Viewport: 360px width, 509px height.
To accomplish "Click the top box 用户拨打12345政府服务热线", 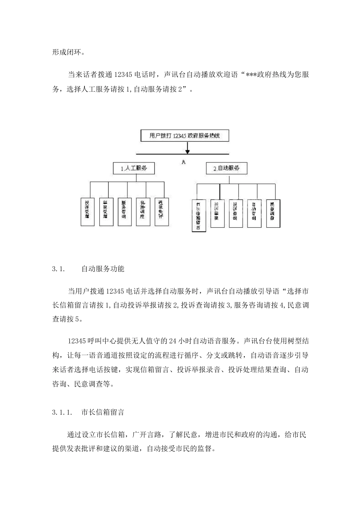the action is click(x=185, y=135).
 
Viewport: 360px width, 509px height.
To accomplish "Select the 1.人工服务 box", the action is click(x=134, y=169).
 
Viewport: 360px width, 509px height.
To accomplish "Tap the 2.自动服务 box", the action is click(x=226, y=168).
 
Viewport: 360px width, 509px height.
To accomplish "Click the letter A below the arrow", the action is click(x=183, y=162).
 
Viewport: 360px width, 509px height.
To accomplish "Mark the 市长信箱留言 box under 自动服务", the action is click(x=199, y=215).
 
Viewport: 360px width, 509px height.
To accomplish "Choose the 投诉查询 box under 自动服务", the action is click(x=236, y=213).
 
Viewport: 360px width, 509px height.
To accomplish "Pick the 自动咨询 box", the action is click(x=254, y=213).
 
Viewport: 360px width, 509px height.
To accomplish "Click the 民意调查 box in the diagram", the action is click(x=273, y=213).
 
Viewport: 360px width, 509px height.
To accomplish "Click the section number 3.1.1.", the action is click(x=62, y=412).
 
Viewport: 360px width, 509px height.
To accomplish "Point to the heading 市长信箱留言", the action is click(x=102, y=412).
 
